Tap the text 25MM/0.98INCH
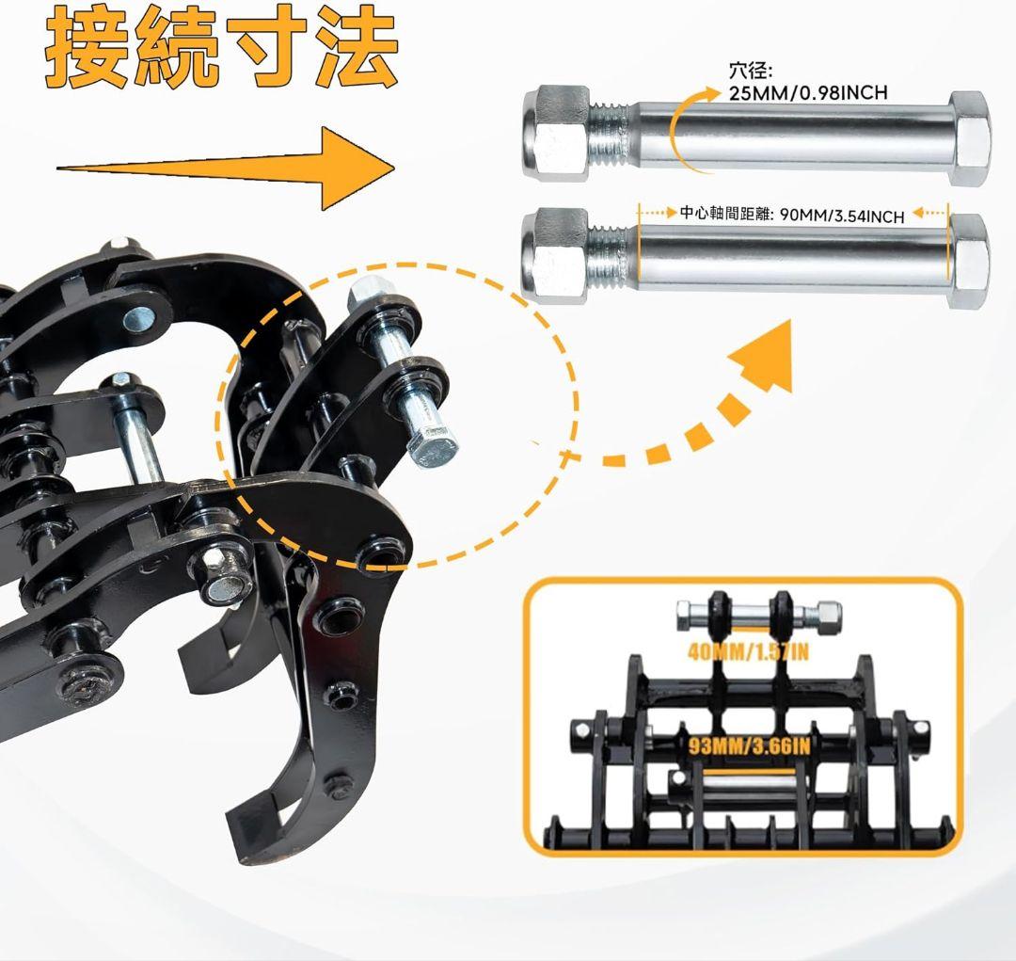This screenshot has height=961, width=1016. (808, 92)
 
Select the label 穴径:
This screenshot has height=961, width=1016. (750, 71)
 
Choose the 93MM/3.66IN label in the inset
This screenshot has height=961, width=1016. (750, 747)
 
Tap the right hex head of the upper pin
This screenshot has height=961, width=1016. (969, 137)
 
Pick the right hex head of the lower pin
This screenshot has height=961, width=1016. (969, 260)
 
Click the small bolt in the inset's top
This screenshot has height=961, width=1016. (758, 617)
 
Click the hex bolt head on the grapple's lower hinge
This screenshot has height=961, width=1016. (219, 576)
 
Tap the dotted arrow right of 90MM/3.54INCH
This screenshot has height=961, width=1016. (929, 214)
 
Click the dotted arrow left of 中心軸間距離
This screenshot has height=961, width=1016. (659, 214)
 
